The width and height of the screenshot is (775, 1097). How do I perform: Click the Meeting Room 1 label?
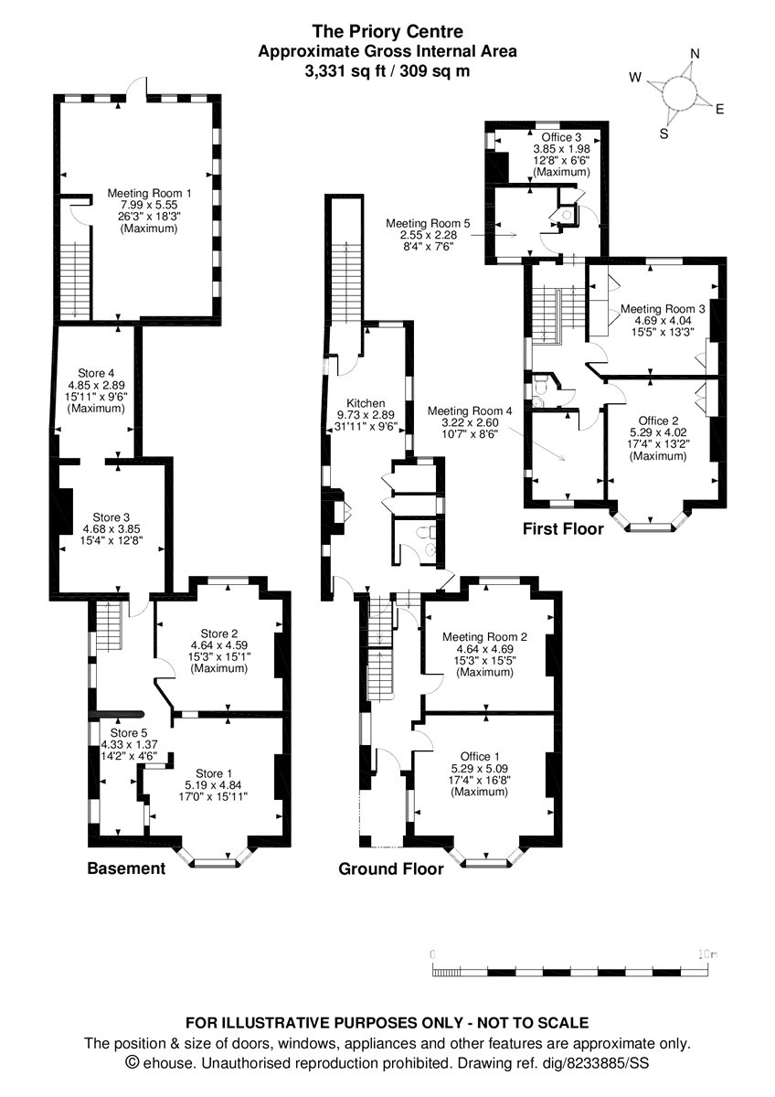[149, 193]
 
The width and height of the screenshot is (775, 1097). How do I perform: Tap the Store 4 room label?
[96, 373]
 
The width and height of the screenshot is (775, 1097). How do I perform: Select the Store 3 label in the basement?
[111, 517]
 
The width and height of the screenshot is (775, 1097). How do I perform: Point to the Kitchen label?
[366, 403]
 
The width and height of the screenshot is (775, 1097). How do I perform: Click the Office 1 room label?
[479, 756]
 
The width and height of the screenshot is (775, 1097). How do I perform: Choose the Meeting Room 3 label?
[663, 309]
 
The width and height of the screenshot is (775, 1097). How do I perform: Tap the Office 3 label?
[561, 137]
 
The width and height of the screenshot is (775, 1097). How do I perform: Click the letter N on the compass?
[695, 53]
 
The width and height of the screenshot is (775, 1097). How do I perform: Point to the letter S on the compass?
[664, 133]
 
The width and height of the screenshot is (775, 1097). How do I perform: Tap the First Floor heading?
[563, 528]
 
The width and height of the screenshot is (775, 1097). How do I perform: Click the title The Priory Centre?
[387, 32]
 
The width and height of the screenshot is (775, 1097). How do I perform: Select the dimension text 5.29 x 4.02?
[659, 432]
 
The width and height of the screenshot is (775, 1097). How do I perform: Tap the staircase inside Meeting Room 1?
[74, 280]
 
